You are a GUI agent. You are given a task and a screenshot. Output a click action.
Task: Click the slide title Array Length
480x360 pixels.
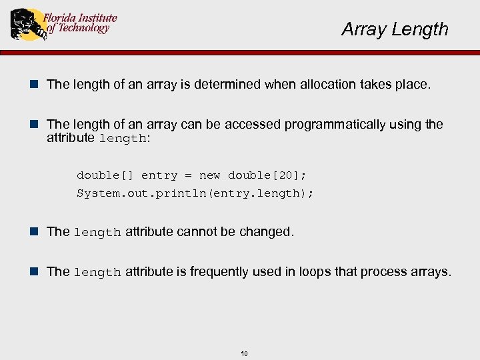click(395, 29)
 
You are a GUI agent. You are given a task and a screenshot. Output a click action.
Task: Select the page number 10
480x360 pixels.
click(244, 353)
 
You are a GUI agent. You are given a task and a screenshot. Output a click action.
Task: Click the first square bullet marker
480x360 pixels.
click(37, 85)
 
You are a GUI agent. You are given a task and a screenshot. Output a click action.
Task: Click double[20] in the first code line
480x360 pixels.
click(267, 175)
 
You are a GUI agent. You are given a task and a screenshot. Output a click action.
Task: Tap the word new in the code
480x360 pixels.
click(209, 175)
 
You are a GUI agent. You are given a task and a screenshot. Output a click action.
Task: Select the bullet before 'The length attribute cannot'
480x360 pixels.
click(37, 231)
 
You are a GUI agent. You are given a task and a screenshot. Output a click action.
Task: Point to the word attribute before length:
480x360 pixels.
click(71, 138)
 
